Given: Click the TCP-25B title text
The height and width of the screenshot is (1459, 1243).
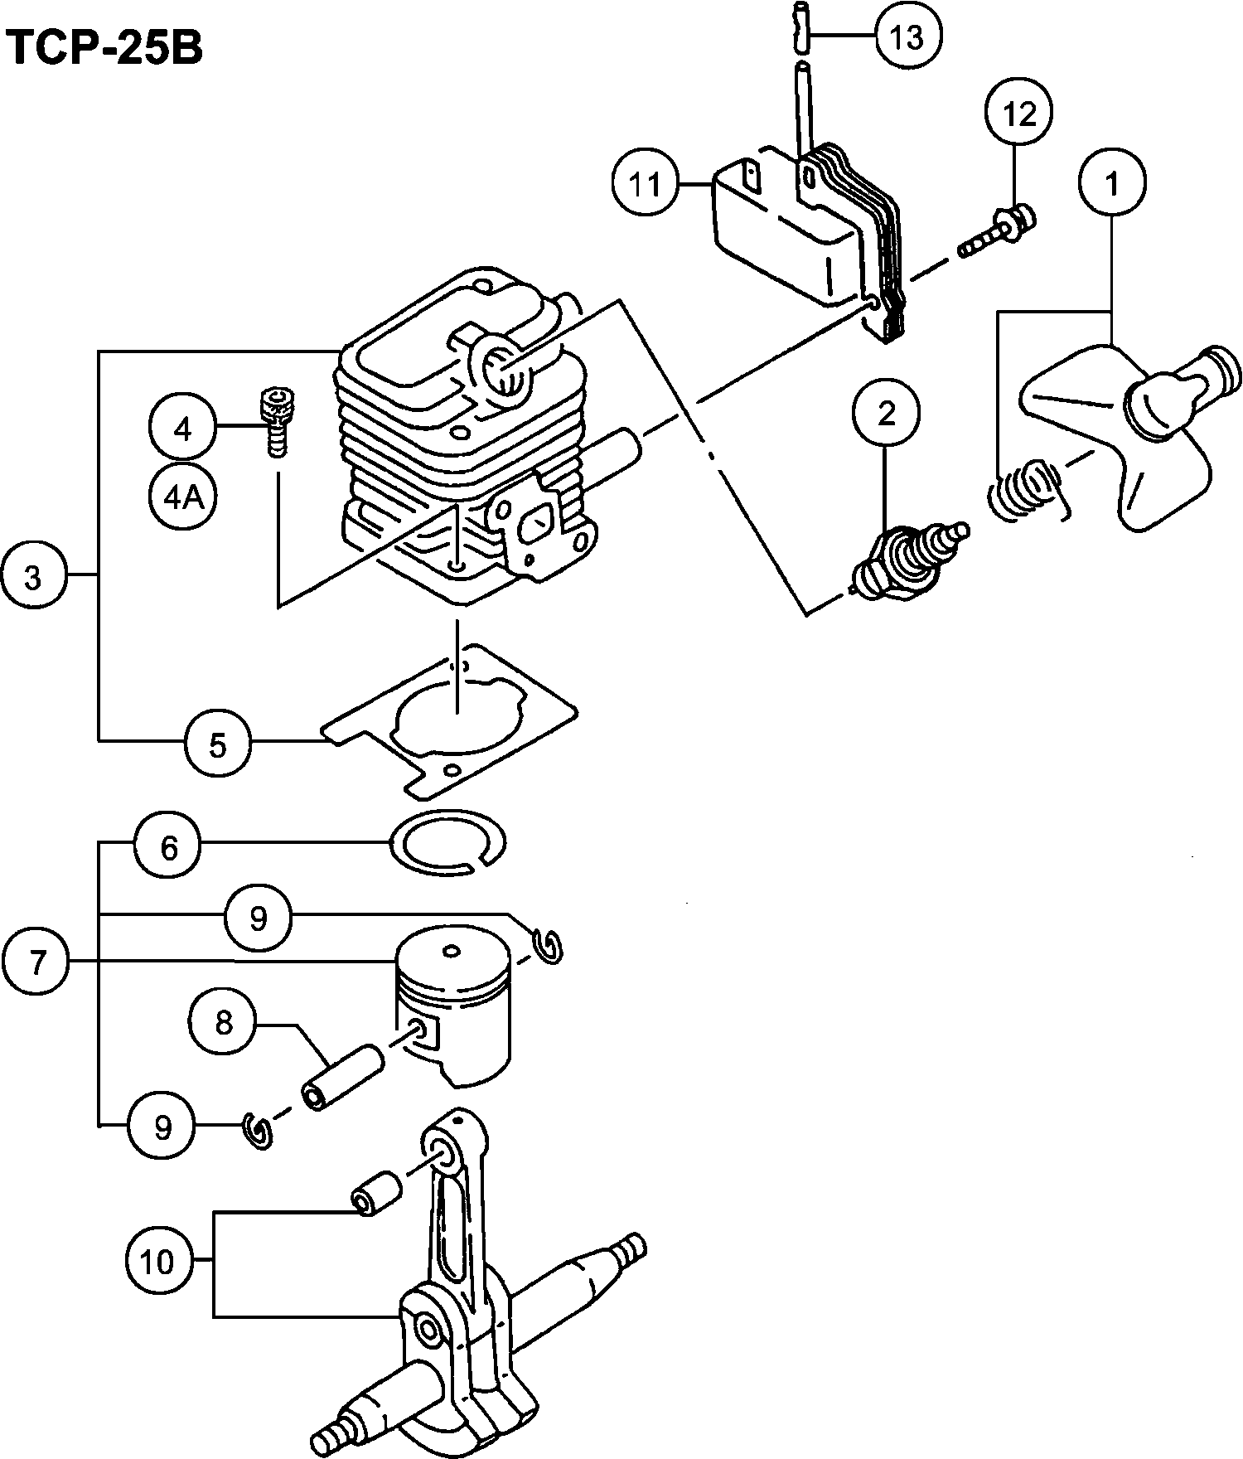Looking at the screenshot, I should pos(104,48).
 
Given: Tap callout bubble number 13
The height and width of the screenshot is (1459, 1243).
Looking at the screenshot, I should pos(909,36).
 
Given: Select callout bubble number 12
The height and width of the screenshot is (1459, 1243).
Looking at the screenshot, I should pos(1019,114).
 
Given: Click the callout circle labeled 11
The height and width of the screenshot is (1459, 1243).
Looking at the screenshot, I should pos(646,184).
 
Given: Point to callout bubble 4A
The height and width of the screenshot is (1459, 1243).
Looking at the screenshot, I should pos(183,497).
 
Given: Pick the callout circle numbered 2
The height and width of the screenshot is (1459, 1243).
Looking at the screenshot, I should pos(887,413).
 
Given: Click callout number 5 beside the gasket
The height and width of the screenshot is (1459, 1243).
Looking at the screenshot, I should pos(217,745).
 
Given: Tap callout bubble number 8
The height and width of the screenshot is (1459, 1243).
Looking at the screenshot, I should pos(224,1023).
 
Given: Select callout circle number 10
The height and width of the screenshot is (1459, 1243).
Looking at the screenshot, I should pos(157,1263).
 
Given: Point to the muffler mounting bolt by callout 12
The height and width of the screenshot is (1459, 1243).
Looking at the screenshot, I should pos(999,232).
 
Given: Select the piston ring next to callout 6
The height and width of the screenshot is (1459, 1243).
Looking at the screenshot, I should pos(447,840).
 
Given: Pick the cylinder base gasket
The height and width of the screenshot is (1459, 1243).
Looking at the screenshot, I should pos(452,719).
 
